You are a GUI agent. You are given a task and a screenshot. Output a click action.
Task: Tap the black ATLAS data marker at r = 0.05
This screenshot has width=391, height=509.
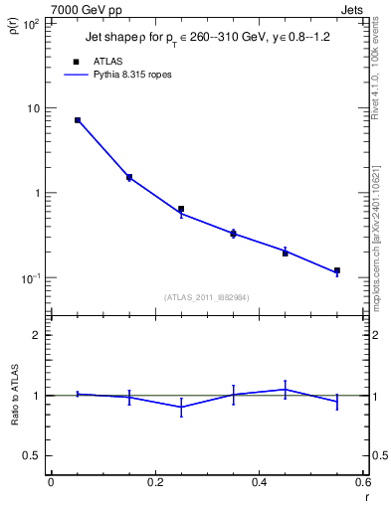coord(78,120)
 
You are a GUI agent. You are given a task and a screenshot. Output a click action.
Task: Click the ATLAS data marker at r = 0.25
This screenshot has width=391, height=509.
coord(181,210)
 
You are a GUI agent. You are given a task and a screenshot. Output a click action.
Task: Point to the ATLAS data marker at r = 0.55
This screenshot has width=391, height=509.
coord(337,270)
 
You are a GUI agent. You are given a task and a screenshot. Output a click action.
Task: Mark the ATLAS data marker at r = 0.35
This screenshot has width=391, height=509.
coord(233,234)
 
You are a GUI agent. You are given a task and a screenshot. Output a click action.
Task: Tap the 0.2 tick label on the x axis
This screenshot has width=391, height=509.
coord(154,482)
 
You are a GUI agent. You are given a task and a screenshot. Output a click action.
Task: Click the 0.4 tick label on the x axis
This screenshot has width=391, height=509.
coord(259,482)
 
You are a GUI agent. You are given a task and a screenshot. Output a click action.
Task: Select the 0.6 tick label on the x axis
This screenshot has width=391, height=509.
coord(362,482)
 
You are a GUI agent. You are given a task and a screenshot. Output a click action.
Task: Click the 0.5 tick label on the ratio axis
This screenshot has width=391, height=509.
coord(32,455)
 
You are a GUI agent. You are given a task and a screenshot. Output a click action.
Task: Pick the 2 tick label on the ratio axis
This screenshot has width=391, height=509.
coord(36,335)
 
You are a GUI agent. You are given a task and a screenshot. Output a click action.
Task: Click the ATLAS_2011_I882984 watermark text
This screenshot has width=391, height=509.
coord(206,297)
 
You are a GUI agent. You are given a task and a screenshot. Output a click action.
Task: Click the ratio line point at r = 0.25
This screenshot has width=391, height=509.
coord(181,407)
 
